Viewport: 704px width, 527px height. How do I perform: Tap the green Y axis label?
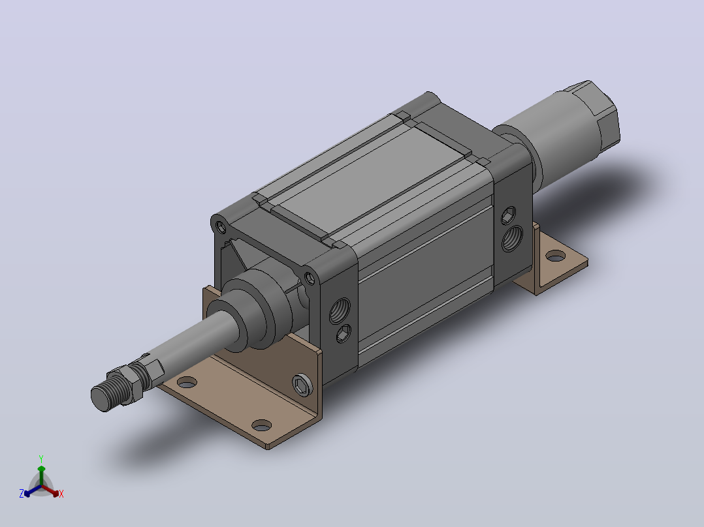[x=41, y=459]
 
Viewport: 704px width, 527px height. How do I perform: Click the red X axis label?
[x=61, y=494]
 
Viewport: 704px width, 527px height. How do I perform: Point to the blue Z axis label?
[x=22, y=494]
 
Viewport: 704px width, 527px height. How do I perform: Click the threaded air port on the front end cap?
[x=340, y=310]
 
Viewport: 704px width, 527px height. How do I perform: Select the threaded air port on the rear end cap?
[x=512, y=238]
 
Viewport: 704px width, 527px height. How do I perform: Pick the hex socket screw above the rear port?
[x=508, y=215]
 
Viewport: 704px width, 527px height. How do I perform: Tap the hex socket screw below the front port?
[x=344, y=334]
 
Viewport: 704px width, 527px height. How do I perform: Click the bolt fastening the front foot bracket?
[x=302, y=385]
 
